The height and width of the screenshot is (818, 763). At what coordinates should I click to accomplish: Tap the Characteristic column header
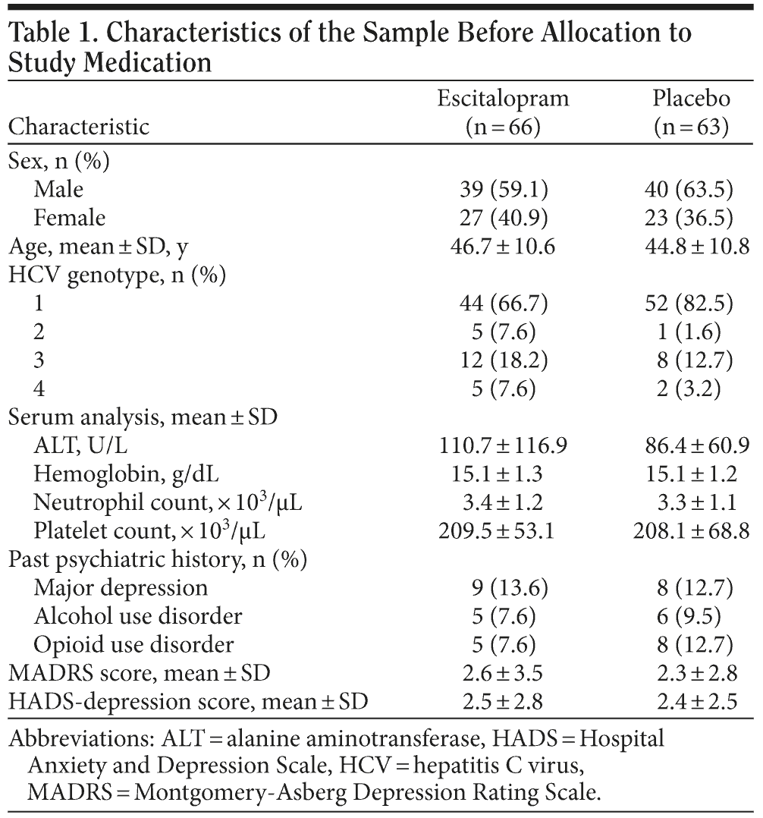pyautogui.click(x=79, y=126)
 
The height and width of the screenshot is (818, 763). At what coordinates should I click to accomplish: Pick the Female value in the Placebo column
pyautogui.click(x=691, y=219)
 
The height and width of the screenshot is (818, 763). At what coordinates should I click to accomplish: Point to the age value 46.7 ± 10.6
pyautogui.click(x=503, y=247)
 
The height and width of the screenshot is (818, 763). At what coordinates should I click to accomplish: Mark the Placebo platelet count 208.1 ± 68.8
pyautogui.click(x=691, y=530)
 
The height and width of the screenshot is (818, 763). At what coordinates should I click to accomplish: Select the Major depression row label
pyautogui.click(x=121, y=588)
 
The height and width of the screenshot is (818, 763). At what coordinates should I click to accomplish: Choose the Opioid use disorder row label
pyautogui.click(x=133, y=644)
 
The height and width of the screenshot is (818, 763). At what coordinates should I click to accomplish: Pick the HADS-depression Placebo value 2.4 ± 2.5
pyautogui.click(x=691, y=701)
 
